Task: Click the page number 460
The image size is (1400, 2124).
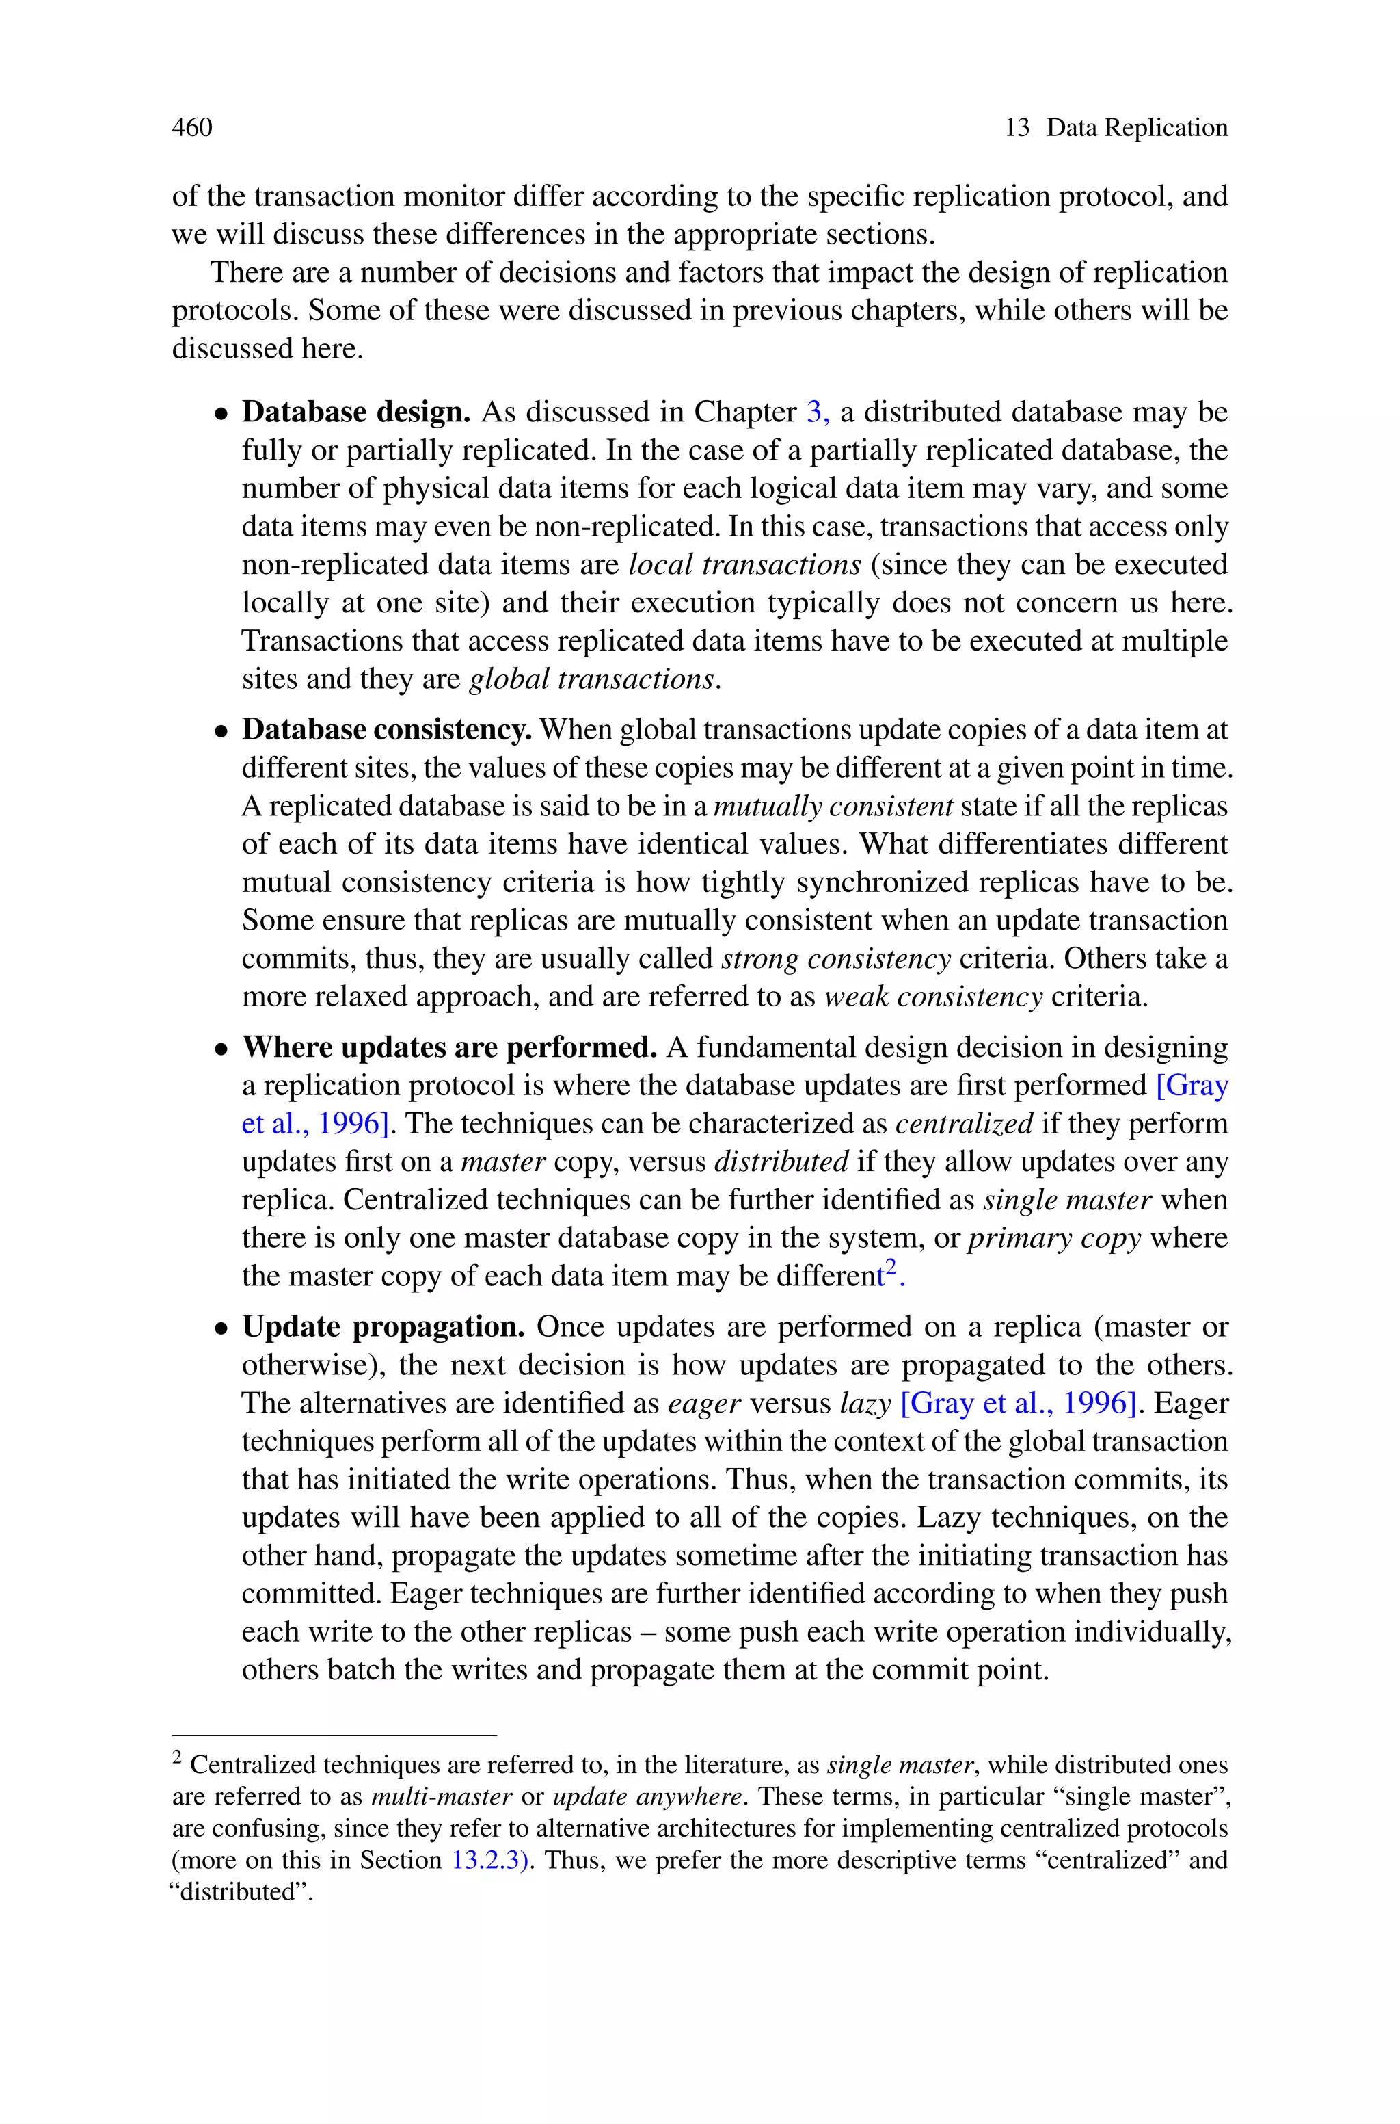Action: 192,128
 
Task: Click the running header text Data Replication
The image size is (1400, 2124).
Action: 1137,128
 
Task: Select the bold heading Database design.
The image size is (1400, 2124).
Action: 355,412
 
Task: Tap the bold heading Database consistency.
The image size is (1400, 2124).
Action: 387,730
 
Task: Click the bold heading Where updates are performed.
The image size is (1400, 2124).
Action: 449,1047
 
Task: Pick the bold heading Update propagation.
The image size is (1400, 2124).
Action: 383,1326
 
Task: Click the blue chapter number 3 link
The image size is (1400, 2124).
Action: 815,412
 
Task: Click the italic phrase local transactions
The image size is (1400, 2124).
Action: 744,564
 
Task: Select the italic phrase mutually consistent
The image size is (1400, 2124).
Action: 834,807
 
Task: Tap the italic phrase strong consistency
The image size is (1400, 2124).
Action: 836,958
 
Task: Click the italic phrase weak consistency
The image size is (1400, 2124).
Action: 932,997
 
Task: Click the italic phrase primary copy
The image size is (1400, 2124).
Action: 1055,1238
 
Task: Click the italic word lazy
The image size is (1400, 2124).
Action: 865,1403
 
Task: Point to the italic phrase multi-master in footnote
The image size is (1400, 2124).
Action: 441,1796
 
